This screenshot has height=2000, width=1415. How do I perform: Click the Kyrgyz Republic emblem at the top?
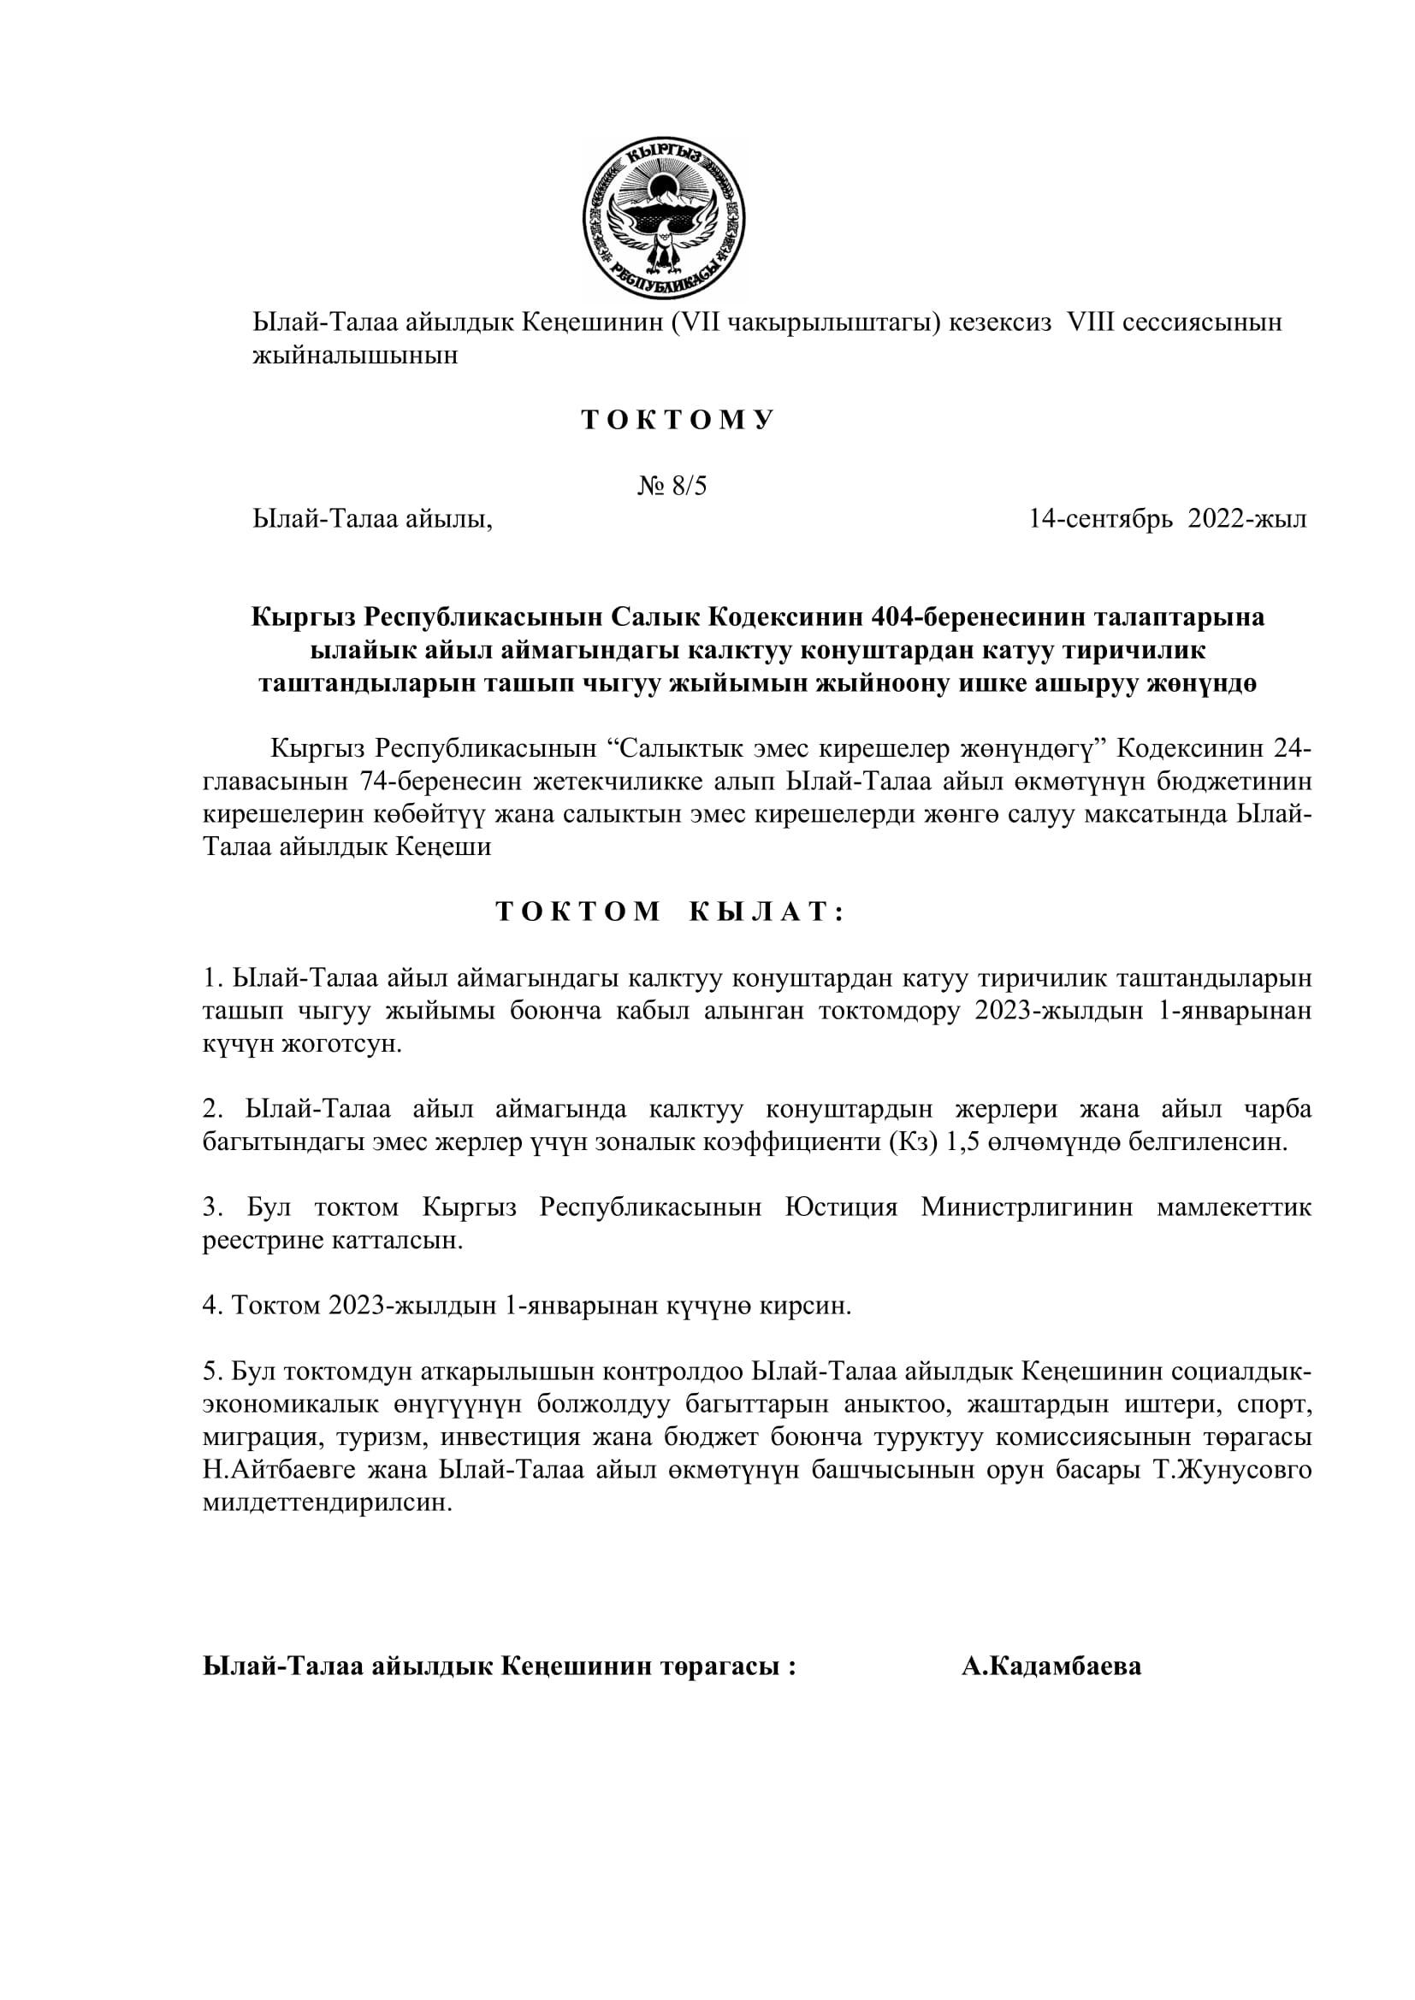(x=664, y=219)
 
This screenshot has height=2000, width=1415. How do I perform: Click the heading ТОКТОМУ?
(x=678, y=421)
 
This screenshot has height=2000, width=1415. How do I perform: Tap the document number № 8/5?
(x=672, y=485)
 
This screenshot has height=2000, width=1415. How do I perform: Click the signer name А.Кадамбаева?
(x=1051, y=1667)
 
